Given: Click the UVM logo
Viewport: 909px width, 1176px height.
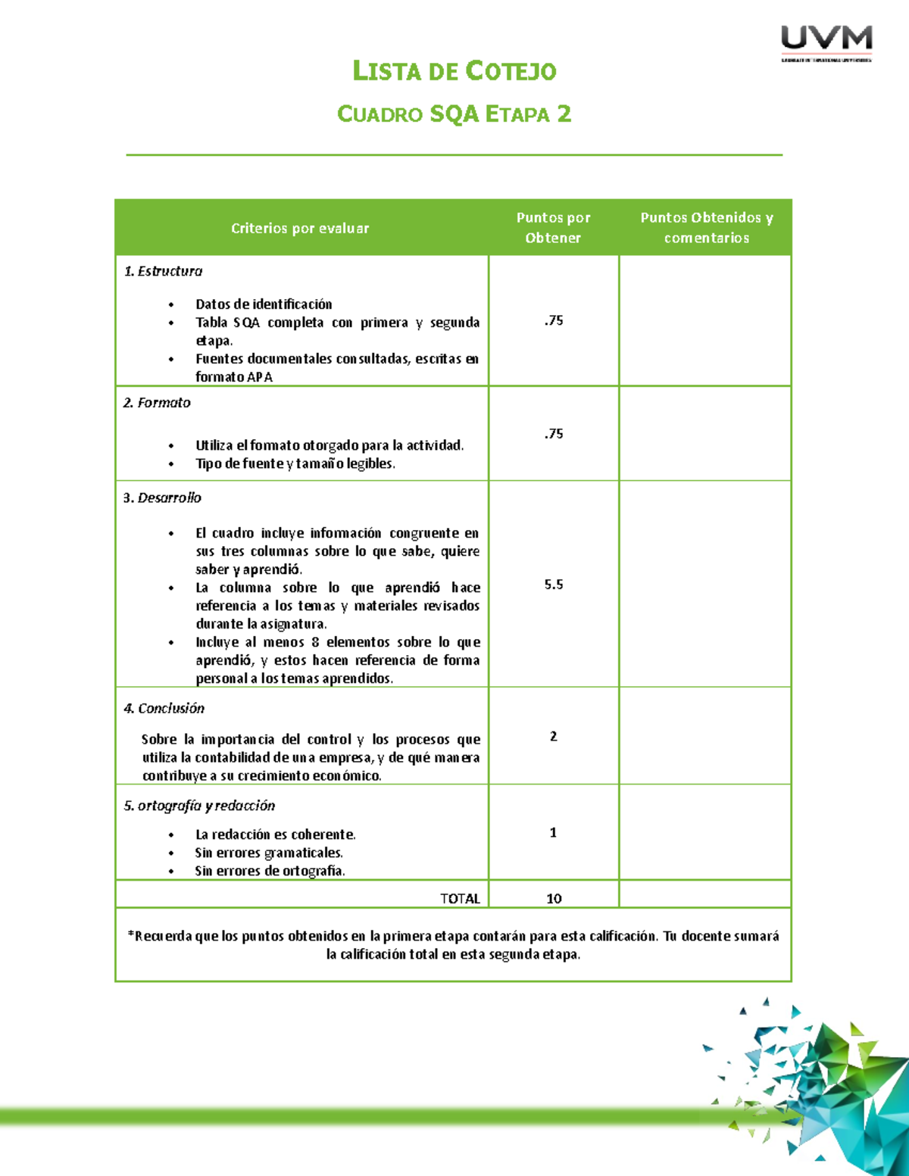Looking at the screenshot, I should [x=826, y=42].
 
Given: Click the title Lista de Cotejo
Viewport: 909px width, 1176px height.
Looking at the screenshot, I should [x=454, y=71].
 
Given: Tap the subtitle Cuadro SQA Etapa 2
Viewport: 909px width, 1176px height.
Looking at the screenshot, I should [x=454, y=114].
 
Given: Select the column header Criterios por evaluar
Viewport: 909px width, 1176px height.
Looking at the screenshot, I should [x=300, y=228].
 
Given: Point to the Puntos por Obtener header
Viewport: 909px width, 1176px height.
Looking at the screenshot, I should [x=553, y=227].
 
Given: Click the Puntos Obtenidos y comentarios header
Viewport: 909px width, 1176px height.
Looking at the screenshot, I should [x=706, y=227].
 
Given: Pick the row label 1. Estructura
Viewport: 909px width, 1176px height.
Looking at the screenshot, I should [x=163, y=271].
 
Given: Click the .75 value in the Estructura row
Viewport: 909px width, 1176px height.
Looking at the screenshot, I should [x=554, y=320].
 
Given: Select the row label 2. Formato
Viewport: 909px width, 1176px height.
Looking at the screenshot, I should [x=157, y=403].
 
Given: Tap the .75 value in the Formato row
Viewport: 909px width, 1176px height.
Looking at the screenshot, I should [x=554, y=434].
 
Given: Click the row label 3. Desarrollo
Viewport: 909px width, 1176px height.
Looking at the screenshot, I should [x=162, y=498].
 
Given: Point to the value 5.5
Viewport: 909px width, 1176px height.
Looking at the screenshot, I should [x=554, y=585].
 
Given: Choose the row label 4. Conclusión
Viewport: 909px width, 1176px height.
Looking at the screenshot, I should [x=164, y=708].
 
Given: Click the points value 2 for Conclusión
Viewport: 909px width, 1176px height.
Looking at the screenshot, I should [x=554, y=736].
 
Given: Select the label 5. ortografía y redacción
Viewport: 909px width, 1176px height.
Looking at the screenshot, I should [x=199, y=806].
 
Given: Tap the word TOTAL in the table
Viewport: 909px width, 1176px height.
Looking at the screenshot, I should [x=460, y=899].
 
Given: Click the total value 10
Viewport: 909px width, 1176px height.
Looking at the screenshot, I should [x=554, y=899].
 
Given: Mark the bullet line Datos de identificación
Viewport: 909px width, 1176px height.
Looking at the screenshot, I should [x=264, y=304].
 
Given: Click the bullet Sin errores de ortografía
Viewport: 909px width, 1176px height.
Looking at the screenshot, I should [x=270, y=871].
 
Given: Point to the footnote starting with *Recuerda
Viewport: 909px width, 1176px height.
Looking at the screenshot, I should [x=453, y=945].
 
